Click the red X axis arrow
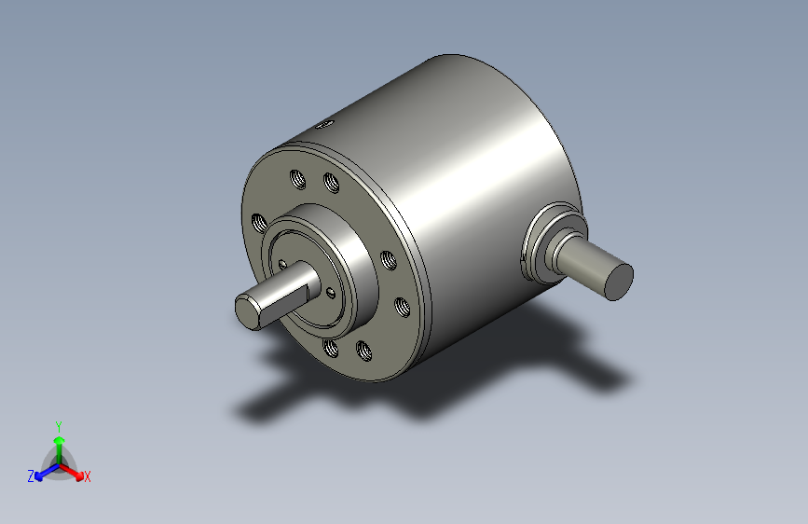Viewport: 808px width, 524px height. tap(75, 469)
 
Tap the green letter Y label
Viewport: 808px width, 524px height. tap(59, 425)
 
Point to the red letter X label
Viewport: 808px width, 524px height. tap(88, 477)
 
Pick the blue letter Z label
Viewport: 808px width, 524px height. tap(31, 476)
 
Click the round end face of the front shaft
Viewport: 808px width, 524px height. tap(248, 311)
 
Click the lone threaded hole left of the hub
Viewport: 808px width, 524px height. tap(259, 223)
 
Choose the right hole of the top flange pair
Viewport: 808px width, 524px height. tap(330, 183)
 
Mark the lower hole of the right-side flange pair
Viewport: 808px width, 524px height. tap(402, 305)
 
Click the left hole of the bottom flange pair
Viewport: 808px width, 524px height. tap(330, 349)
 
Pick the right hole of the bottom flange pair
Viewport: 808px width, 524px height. tap(363, 352)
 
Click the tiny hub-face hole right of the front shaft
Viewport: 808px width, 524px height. tap(332, 293)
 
